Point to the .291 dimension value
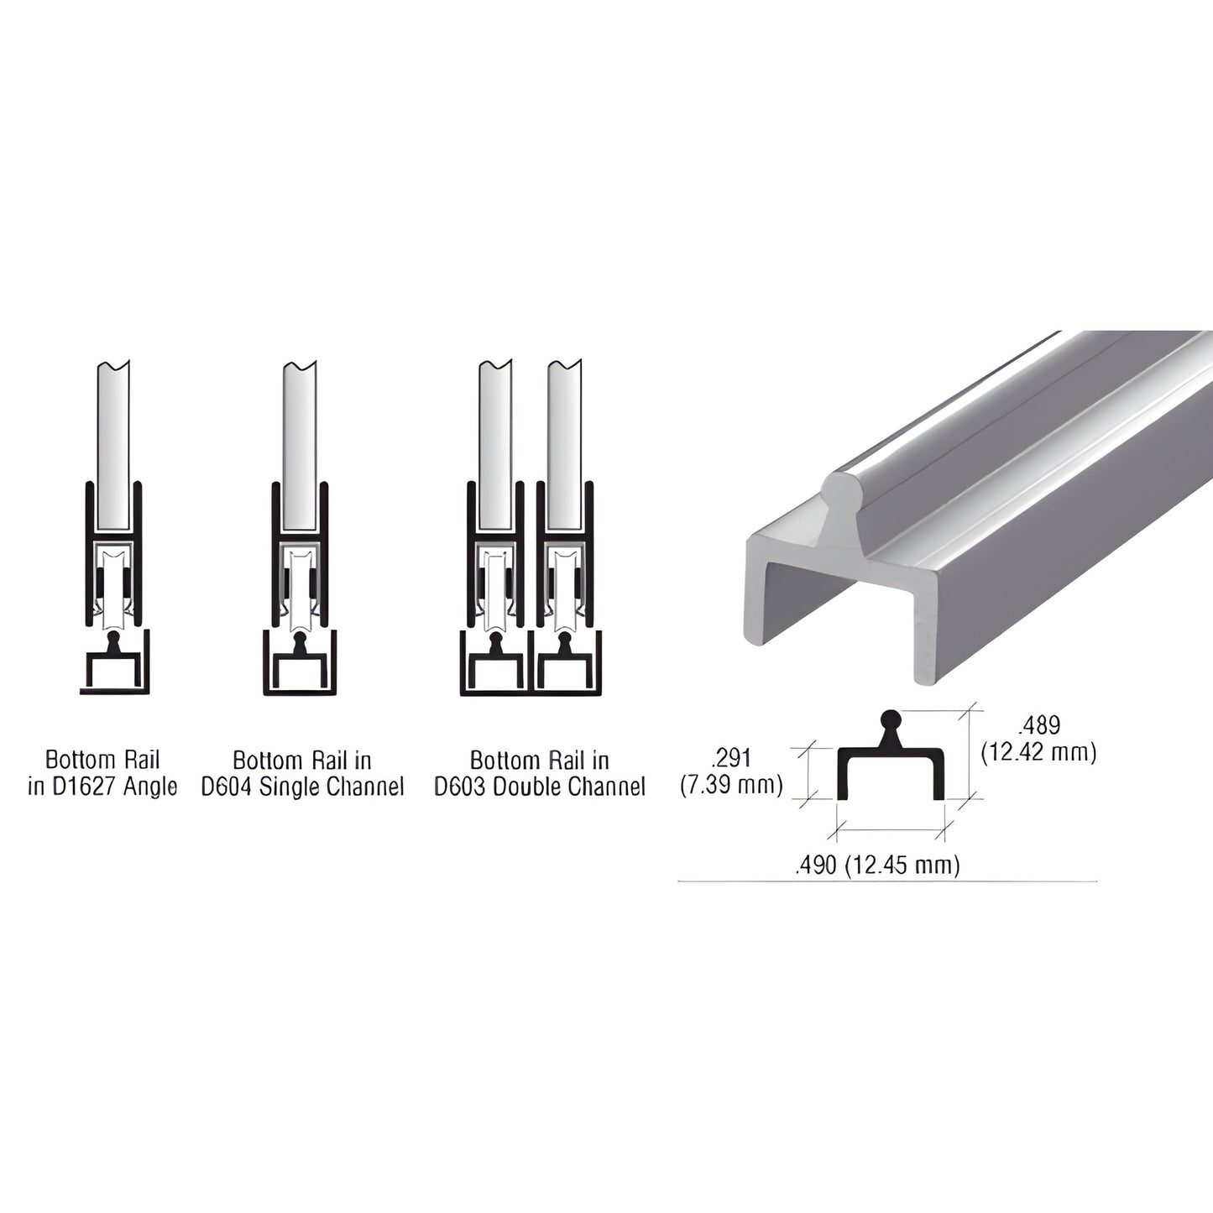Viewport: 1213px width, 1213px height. (730, 760)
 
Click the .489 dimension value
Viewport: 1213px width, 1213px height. (1038, 725)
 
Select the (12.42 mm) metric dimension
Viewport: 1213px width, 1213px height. (1038, 752)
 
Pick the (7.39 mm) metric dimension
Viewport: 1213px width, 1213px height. (730, 786)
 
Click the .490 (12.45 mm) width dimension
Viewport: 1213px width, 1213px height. (876, 865)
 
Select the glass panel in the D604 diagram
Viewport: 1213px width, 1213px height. (300, 445)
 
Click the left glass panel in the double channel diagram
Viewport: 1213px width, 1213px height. (495, 445)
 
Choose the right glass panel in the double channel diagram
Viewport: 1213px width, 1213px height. (564, 445)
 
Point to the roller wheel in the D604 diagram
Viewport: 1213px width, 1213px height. (299, 583)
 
